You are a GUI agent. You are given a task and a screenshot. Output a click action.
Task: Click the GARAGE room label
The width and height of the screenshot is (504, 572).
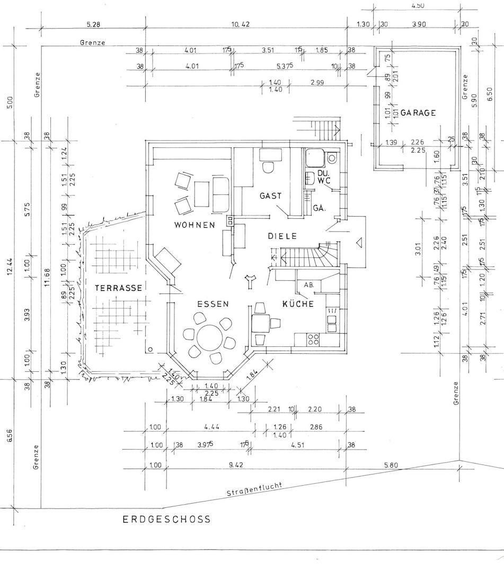point(418,113)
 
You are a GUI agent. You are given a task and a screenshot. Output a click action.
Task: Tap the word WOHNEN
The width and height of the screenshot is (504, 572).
point(194,225)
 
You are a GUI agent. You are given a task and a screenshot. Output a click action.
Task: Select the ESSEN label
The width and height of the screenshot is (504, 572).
point(213,304)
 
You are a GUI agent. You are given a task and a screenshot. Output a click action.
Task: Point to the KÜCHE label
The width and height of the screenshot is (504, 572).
point(298,304)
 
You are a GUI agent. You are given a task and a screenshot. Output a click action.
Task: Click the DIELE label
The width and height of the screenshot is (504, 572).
point(282,236)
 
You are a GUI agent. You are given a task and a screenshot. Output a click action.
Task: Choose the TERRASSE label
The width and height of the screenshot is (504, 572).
point(119,288)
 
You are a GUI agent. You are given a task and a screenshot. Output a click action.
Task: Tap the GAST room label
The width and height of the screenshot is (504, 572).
point(270,195)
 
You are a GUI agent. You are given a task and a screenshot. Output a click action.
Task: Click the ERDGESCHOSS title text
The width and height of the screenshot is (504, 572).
point(167,519)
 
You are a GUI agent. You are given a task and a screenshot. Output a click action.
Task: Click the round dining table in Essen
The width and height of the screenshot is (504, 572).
point(209,337)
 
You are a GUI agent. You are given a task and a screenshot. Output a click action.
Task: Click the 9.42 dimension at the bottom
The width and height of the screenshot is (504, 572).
point(236,464)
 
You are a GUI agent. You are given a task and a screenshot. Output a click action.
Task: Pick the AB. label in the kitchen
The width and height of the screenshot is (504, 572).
point(309,285)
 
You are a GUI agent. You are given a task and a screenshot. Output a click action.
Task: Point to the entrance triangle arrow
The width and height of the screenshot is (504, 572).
point(359,242)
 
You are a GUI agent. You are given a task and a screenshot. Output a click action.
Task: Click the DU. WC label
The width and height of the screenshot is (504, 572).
point(324,177)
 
